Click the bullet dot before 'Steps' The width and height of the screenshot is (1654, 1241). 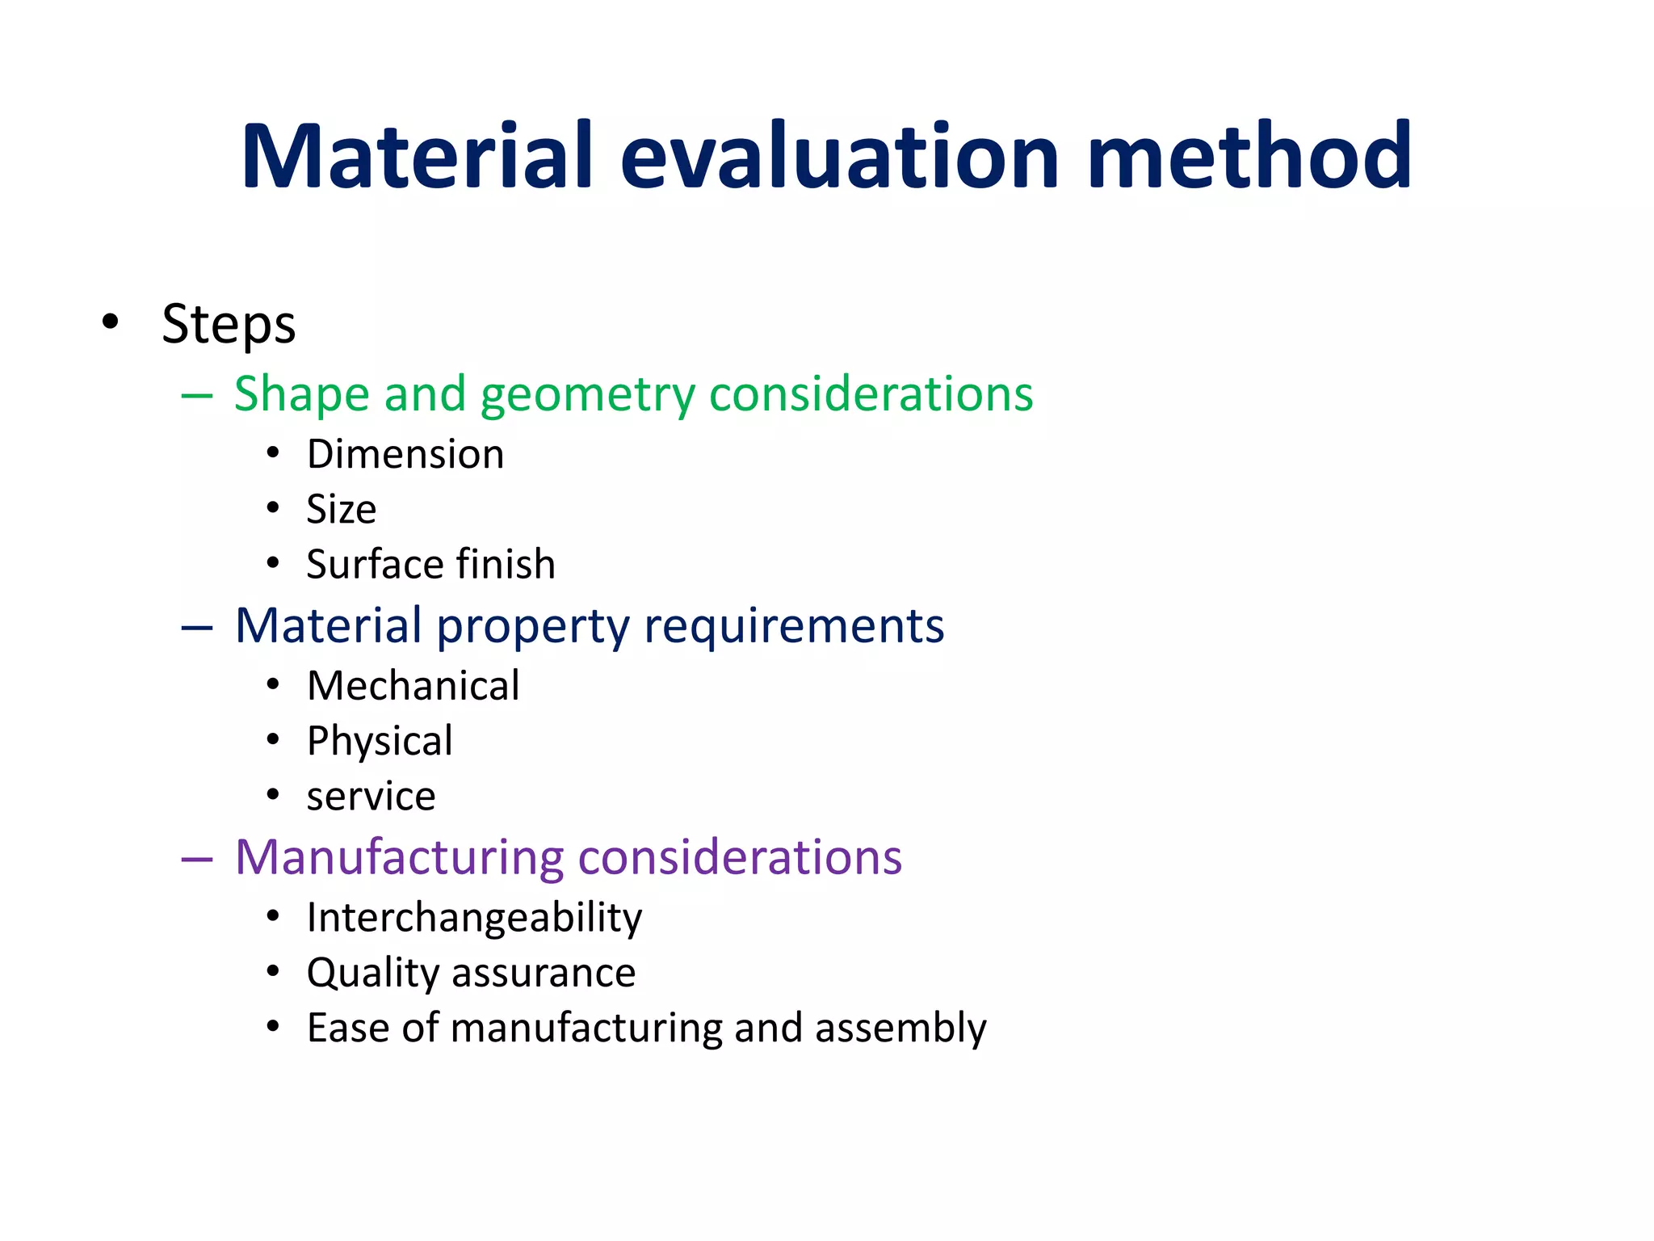coord(111,322)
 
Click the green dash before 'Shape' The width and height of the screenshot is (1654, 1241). coord(197,396)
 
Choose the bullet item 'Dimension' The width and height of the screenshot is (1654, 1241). coord(405,454)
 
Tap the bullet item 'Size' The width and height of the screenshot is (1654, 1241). coord(341,510)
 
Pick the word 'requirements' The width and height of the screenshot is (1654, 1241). coord(793,626)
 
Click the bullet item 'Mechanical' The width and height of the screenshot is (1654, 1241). coord(413,686)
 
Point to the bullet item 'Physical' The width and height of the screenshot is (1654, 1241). coord(380,742)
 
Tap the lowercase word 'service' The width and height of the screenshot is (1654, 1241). coord(371,797)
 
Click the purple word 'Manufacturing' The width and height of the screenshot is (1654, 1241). coord(399,857)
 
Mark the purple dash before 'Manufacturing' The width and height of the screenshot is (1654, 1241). coord(197,859)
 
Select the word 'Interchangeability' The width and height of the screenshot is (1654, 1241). coord(474,919)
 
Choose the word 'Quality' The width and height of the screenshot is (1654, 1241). coord(372,974)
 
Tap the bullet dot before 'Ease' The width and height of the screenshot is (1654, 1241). coord(273,1027)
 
